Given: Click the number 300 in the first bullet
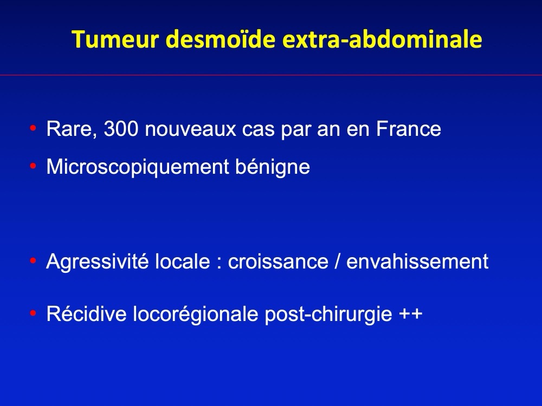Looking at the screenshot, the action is coord(121,129).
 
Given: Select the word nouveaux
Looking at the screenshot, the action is coord(190,129).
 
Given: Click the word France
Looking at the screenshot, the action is coord(409,129).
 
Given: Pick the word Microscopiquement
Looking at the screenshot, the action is coord(138,167).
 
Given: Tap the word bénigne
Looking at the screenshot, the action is coord(273,167).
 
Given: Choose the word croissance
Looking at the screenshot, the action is coord(278,261).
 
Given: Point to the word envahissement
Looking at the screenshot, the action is coord(417,261).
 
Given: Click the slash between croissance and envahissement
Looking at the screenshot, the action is coord(337,261).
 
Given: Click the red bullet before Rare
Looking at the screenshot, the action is coord(33,128).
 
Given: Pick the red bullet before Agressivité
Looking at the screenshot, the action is coord(33,261).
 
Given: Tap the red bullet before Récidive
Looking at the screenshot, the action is coord(33,313).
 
